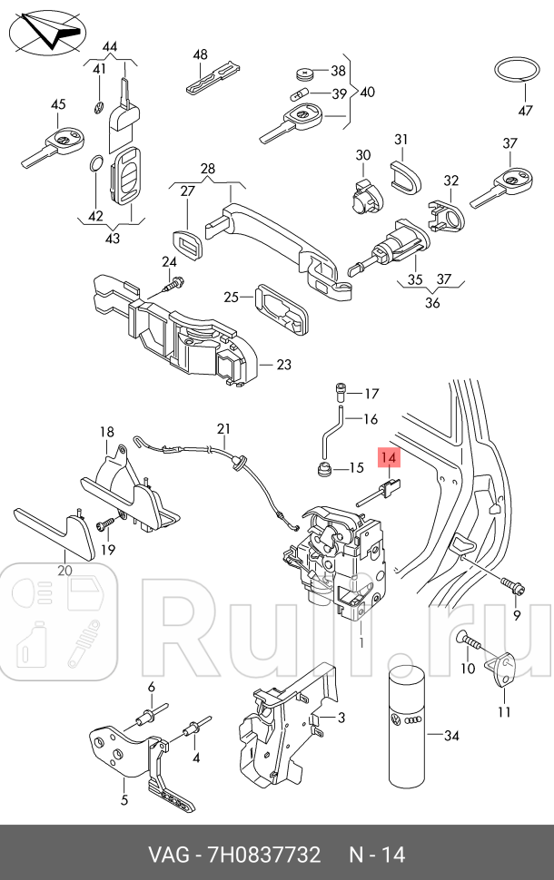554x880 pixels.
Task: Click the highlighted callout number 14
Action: tap(389, 459)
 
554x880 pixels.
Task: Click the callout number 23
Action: tap(283, 366)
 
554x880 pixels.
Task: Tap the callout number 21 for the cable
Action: tap(224, 428)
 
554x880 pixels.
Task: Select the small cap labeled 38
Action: tap(303, 73)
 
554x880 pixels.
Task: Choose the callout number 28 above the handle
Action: tap(208, 170)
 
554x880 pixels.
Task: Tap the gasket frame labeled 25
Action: tap(280, 306)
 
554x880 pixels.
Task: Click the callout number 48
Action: tap(201, 54)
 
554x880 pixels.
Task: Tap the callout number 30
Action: tap(363, 155)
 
